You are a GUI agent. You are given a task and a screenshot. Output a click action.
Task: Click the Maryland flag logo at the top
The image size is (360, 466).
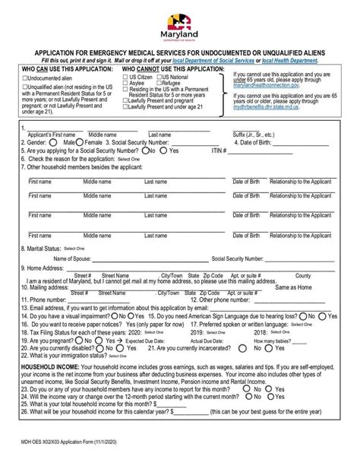coord(179,15)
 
